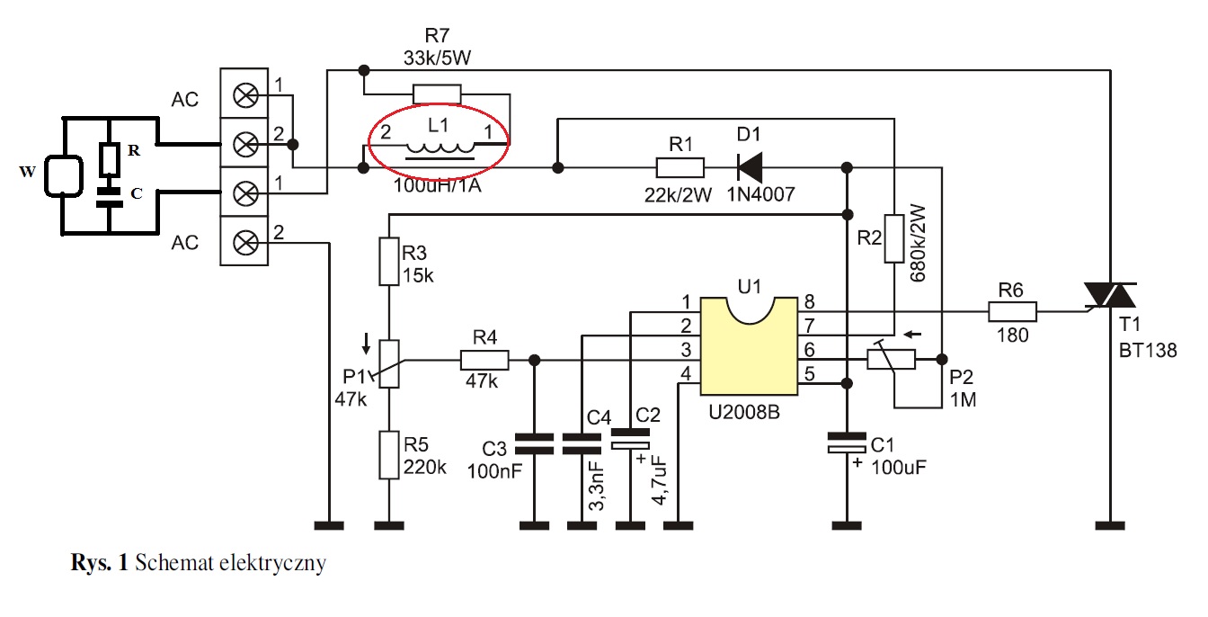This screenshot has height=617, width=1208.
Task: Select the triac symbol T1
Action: (x=1111, y=296)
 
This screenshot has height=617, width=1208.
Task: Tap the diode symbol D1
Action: (x=750, y=167)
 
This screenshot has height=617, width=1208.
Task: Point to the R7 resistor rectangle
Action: (x=437, y=94)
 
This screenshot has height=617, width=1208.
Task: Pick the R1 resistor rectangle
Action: (x=680, y=167)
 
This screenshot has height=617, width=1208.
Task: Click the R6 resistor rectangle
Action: (x=1012, y=311)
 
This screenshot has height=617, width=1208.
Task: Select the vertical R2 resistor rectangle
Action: (x=894, y=238)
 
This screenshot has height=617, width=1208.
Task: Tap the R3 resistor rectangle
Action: (x=389, y=261)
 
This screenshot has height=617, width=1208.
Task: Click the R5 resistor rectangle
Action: (x=389, y=454)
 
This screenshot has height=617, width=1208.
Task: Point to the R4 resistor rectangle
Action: (x=484, y=360)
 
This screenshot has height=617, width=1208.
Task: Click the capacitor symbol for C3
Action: (x=534, y=443)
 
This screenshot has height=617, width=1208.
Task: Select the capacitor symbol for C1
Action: (x=847, y=443)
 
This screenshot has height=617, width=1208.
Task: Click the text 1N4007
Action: (x=760, y=194)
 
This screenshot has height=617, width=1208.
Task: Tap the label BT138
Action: (x=1148, y=351)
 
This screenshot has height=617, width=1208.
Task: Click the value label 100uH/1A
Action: (x=437, y=185)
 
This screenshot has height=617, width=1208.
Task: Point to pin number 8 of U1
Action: (x=809, y=301)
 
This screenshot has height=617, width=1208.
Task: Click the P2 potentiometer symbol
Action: (x=891, y=359)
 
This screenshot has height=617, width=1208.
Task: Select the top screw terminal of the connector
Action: (x=244, y=95)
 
